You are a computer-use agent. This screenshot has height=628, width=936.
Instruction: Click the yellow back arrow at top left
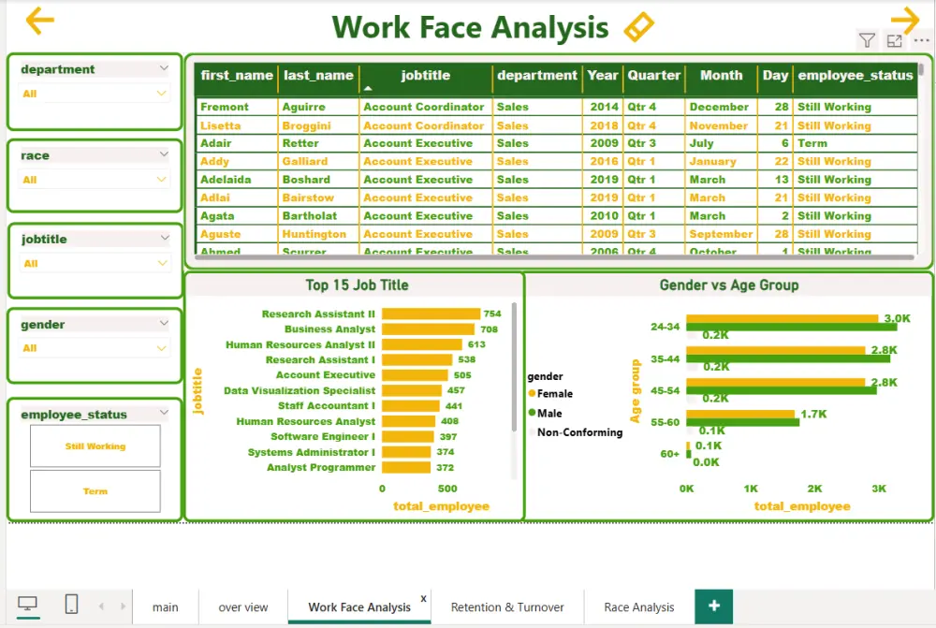coord(39,21)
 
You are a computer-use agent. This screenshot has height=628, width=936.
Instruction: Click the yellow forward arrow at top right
coord(905,21)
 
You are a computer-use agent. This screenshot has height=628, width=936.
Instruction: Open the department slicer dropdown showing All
coord(95,94)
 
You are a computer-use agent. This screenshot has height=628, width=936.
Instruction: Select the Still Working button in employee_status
coord(95,446)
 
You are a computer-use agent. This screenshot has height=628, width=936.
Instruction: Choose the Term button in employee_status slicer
coord(95,491)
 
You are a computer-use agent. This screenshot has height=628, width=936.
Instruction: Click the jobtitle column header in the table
coord(426,76)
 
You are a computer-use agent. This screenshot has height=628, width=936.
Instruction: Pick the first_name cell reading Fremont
coord(225,108)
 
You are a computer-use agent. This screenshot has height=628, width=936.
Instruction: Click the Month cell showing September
coord(721,234)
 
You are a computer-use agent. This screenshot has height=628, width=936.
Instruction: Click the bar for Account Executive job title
coord(415,375)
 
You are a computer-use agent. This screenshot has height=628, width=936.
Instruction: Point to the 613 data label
coord(476,345)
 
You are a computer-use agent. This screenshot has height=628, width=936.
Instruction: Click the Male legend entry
coord(549,414)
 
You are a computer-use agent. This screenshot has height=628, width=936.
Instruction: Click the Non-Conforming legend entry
coord(578,432)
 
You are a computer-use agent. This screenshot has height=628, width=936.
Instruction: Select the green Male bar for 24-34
coord(791,327)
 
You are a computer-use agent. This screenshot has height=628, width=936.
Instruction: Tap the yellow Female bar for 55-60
coord(739,414)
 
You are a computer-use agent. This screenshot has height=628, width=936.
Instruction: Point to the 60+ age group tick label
coord(669,454)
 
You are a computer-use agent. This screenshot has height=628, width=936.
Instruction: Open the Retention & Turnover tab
coord(507,607)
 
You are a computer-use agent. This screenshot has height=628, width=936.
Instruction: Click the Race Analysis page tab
coord(639,607)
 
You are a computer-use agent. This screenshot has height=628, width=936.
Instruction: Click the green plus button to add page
coord(713,606)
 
